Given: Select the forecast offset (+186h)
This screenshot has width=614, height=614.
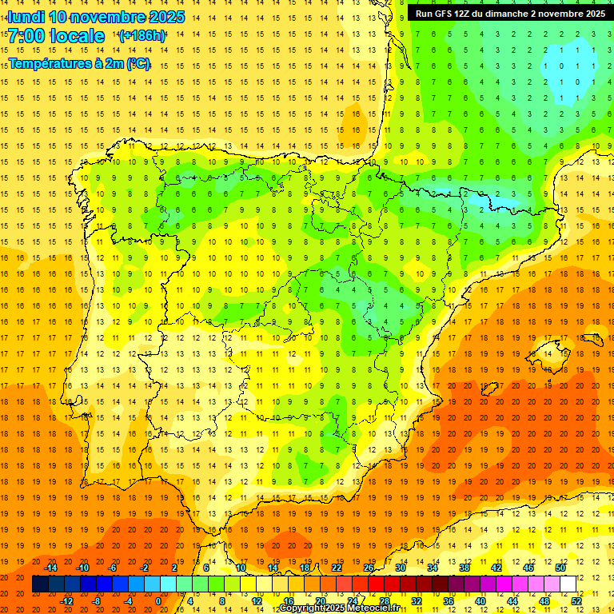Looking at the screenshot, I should [x=142, y=36].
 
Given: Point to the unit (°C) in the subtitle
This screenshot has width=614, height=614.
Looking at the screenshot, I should [x=138, y=64].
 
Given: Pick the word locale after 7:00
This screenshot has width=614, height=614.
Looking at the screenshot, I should [x=75, y=36].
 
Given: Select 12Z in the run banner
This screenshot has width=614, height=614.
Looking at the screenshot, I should [x=467, y=14].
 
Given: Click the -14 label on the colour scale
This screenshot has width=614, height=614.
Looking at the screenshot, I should [x=52, y=568].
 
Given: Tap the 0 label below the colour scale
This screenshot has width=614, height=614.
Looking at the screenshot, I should [x=157, y=601].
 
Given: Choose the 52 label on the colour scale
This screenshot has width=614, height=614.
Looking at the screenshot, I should [x=576, y=601].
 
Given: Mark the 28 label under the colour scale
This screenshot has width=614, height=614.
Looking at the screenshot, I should [x=384, y=601].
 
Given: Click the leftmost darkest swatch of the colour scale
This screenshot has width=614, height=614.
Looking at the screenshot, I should [x=40, y=584].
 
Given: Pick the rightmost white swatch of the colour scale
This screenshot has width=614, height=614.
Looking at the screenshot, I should [x=568, y=584].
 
